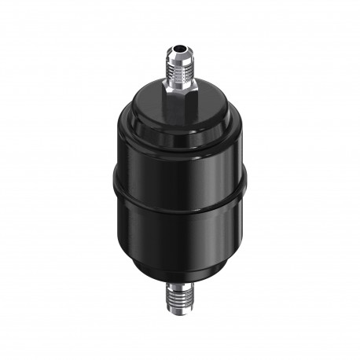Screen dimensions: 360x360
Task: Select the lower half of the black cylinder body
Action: pos(179,236)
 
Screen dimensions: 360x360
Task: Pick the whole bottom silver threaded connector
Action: pos(180,297)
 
